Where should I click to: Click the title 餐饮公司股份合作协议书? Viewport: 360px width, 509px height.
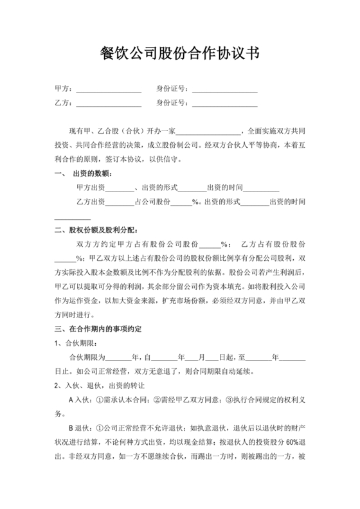pos(180,52)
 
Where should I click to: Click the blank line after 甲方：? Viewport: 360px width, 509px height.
pos(109,89)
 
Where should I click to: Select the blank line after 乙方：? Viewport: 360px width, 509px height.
pos(109,103)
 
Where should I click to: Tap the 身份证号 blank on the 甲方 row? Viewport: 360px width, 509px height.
pos(224,89)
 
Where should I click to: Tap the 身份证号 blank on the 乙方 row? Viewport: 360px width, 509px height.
pos(224,103)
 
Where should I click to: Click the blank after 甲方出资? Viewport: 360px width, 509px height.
pos(120,188)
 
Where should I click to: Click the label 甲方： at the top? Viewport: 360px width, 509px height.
pos(64,89)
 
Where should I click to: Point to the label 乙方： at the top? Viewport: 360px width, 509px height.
pos(64,103)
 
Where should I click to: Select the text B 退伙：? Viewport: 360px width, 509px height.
pos(81,428)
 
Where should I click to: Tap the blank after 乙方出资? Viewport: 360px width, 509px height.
pos(120,202)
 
